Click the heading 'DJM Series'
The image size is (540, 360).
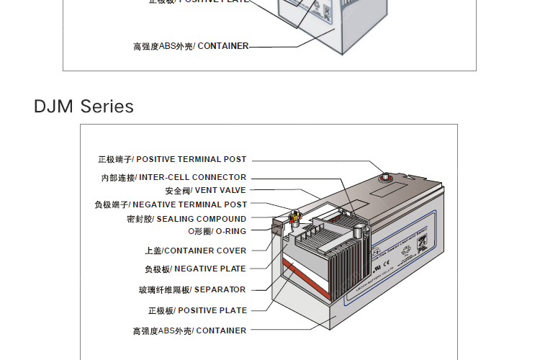tap(84, 107)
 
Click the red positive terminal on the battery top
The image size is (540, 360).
tap(384, 176)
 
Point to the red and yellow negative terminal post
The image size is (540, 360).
tap(294, 217)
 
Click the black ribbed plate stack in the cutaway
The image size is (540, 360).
tap(338, 263)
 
